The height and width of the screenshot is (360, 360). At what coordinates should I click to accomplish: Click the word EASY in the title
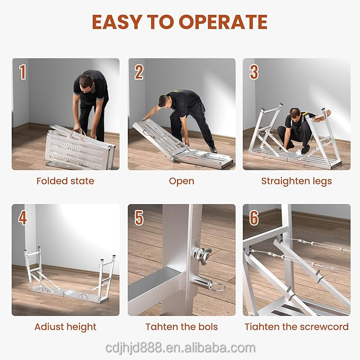pos(117,22)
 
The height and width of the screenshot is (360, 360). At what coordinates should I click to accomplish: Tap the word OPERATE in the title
pos(223,22)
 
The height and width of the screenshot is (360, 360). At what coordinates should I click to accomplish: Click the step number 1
pos(22,72)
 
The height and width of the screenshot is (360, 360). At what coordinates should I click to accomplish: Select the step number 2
pos(139,72)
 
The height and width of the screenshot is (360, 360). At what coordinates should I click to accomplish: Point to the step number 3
pos(254,72)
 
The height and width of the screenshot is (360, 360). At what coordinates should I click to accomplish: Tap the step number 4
pos(22,217)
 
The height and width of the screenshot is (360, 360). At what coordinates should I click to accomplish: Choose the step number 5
pos(139,217)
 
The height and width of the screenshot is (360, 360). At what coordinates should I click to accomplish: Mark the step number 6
pos(254,217)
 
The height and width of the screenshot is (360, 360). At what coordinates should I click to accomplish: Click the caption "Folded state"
pos(65,181)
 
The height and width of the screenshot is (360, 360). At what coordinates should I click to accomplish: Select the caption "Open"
pos(181,181)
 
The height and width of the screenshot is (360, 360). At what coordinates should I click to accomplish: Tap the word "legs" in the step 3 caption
pos(322,181)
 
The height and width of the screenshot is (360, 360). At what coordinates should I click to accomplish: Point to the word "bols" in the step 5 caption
pos(208,327)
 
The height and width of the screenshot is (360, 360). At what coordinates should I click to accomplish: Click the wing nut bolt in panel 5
pos(201,255)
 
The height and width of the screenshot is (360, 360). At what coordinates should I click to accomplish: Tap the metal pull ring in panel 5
pos(217,287)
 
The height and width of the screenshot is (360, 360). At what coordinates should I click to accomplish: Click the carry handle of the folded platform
pos(77,134)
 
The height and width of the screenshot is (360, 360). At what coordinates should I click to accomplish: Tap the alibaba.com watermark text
pos(180,348)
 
